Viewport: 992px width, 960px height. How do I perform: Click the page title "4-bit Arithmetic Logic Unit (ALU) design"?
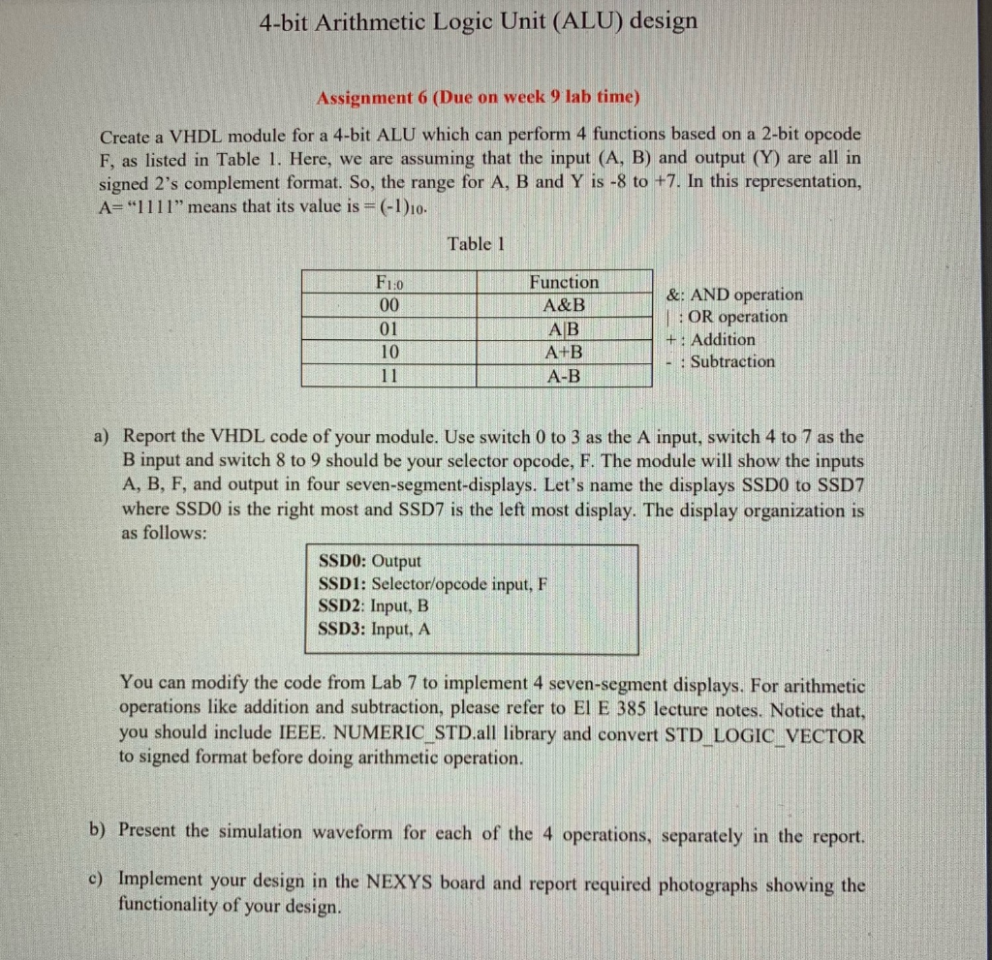[x=478, y=21]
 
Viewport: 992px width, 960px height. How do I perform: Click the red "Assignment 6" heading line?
[x=480, y=98]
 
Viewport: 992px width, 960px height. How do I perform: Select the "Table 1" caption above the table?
[x=477, y=243]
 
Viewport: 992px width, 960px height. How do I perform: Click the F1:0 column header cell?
[x=390, y=283]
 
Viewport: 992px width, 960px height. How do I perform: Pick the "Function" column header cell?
[x=564, y=282]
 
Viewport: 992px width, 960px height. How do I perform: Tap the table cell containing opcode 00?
[x=390, y=305]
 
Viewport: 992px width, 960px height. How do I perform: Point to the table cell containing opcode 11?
[x=390, y=375]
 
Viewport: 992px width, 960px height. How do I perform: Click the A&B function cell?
[x=564, y=305]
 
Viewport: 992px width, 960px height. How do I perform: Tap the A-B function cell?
[x=564, y=375]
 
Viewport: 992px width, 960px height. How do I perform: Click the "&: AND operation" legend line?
[x=735, y=294]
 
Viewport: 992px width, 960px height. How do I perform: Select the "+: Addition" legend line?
[x=712, y=339]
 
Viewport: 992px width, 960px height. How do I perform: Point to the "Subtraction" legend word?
[x=732, y=362]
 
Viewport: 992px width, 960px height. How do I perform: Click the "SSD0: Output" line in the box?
[x=370, y=561]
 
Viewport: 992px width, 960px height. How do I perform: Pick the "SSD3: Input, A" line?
[x=375, y=629]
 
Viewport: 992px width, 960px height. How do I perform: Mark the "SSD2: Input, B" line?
[x=374, y=606]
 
